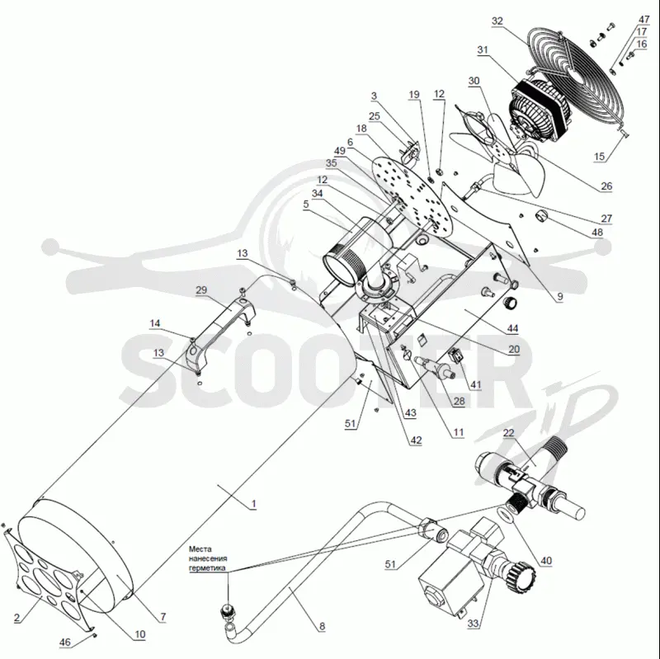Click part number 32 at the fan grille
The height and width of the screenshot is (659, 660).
coord(497,21)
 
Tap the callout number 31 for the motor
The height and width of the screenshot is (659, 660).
coord(483,50)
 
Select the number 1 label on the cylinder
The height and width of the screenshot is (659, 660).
coord(253,504)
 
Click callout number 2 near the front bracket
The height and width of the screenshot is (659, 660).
coord(16,619)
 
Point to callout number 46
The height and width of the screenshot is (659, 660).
coord(65,643)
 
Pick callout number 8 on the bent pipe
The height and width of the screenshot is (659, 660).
coord(322,627)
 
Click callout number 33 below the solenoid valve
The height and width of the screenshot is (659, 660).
coord(473,624)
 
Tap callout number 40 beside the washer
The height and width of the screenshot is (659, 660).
coord(546,561)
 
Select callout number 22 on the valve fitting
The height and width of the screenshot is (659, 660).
coord(509,433)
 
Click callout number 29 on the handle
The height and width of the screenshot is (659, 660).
coord(201,290)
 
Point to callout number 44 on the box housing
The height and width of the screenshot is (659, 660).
coord(512,328)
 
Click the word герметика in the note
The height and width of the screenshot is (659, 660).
coord(207,568)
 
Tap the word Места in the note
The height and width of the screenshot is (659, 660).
coord(200,549)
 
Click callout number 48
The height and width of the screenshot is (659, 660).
coord(597,233)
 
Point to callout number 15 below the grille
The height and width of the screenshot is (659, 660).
coord(599,157)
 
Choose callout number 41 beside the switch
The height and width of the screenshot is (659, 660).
coord(476,384)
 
